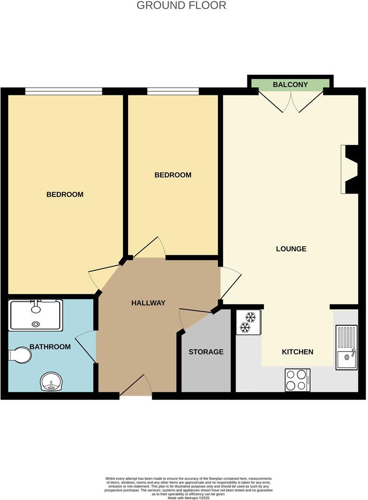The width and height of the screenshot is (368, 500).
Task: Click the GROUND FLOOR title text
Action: pyautogui.click(x=181, y=6)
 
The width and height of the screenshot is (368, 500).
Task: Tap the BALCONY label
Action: pyautogui.click(x=291, y=85)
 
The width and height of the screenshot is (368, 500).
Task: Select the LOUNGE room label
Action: pyautogui.click(x=291, y=249)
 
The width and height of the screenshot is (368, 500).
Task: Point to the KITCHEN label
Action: pyautogui.click(x=298, y=352)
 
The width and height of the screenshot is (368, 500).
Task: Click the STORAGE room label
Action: pyautogui.click(x=206, y=352)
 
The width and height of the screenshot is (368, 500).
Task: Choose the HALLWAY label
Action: pyautogui.click(x=148, y=303)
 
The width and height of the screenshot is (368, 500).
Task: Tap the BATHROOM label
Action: pyautogui.click(x=50, y=347)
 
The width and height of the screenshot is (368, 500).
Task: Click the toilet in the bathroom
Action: pyautogui.click(x=20, y=355)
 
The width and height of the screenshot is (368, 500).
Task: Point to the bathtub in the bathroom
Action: pyautogui.click(x=36, y=315)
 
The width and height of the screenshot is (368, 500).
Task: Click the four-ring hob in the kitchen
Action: pyautogui.click(x=298, y=380)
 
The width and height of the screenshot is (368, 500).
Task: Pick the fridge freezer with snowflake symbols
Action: pyautogui.click(x=248, y=322)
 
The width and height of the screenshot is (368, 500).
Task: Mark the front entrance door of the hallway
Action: pyautogui.click(x=136, y=388)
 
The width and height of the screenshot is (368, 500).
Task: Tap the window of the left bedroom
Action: pyautogui.click(x=64, y=91)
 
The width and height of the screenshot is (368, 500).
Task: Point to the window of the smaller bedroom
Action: pyautogui.click(x=173, y=91)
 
